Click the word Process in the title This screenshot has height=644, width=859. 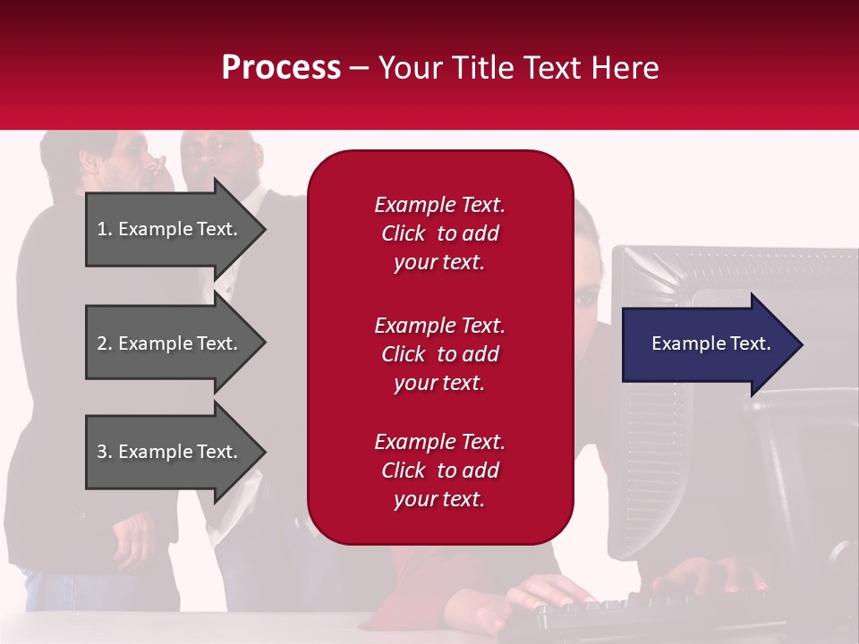click(281, 68)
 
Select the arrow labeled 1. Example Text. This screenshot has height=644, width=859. click(170, 229)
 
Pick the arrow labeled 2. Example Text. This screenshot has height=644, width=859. click(170, 343)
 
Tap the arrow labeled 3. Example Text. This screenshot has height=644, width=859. click(170, 452)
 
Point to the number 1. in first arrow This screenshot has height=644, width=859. click(105, 229)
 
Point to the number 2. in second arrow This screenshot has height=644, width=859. click(105, 343)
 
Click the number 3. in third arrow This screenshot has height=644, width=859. click(105, 452)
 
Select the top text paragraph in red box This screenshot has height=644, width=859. click(439, 233)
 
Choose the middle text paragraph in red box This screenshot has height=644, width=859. click(439, 354)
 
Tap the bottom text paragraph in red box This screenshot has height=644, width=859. click(439, 470)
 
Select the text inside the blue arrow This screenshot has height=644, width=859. click(711, 343)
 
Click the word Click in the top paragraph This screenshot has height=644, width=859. click(403, 233)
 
